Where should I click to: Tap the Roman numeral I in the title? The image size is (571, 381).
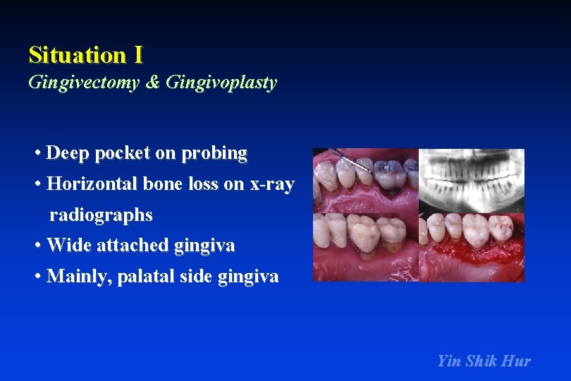[137, 54]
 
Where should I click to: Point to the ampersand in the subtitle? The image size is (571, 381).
[152, 83]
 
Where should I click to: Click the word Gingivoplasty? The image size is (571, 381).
[221, 83]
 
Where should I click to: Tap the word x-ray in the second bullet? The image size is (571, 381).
[271, 184]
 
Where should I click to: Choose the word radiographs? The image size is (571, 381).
[101, 214]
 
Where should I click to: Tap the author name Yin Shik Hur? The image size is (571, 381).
[484, 361]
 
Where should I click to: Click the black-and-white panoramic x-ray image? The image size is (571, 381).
[471, 180]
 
